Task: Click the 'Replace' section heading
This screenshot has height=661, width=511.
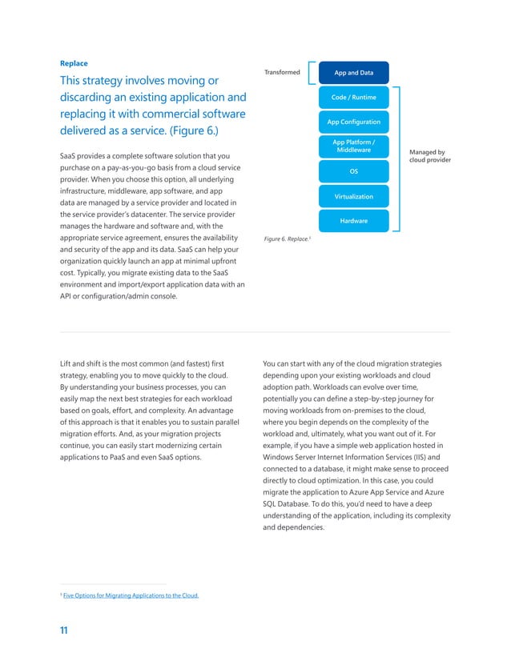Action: click(74, 62)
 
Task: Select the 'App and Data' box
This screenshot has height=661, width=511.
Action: click(353, 73)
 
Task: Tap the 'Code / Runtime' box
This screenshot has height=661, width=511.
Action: click(353, 98)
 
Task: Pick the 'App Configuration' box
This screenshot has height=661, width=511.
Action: click(353, 122)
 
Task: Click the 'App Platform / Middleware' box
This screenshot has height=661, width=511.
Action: click(353, 146)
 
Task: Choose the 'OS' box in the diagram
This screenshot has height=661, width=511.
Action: click(353, 171)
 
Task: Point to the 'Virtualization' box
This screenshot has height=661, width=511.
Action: click(353, 196)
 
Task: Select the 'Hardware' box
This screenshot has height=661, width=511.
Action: click(353, 220)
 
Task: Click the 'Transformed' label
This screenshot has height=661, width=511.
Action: click(281, 73)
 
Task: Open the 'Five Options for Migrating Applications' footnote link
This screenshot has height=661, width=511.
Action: click(131, 595)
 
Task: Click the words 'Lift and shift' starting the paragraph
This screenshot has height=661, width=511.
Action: click(83, 364)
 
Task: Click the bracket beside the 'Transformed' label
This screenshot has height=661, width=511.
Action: click(311, 73)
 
